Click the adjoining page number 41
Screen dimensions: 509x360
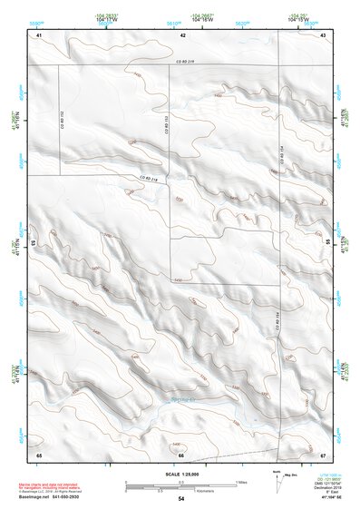click(x=39, y=34)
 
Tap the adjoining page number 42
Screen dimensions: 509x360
click(x=182, y=34)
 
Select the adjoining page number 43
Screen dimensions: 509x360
click(x=324, y=34)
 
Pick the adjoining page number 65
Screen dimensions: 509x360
click(x=39, y=454)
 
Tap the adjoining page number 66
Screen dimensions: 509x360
click(x=181, y=454)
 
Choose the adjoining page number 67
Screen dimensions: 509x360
click(x=324, y=454)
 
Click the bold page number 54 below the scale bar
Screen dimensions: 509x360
click(x=181, y=498)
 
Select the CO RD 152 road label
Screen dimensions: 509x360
click(x=62, y=119)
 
